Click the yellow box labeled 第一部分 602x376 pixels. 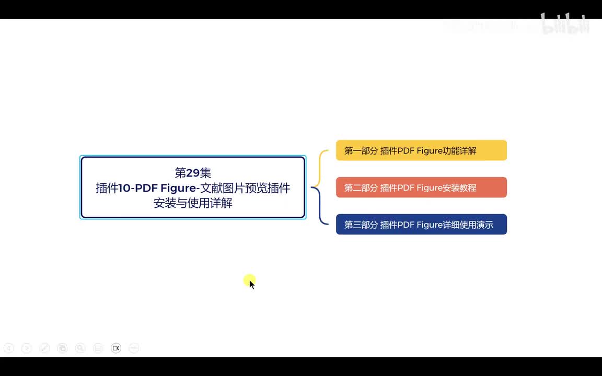coord(421,150)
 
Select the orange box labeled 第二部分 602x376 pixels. coord(421,187)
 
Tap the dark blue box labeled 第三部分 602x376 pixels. coord(421,225)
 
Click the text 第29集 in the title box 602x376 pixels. coord(193,173)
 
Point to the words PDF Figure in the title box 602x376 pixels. coord(165,188)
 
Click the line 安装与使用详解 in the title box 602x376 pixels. coord(193,203)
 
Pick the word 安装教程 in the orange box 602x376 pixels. coord(460,188)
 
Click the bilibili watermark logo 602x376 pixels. coord(565,25)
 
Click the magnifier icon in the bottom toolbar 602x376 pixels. coord(80,348)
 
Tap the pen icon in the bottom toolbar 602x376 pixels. coord(44,348)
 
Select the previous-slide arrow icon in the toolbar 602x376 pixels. coord(9,348)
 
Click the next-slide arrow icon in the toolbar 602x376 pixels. coord(27,348)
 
